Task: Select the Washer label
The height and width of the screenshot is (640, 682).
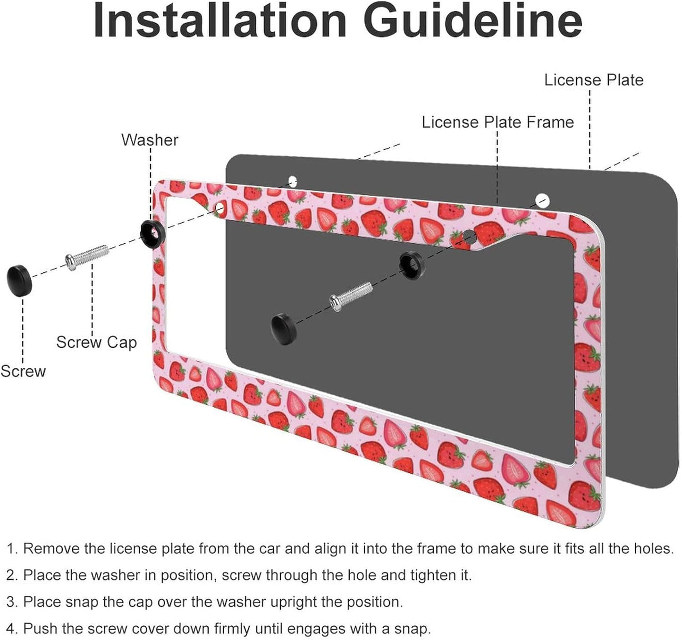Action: (150, 140)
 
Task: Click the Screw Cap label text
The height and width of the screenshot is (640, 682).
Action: (96, 342)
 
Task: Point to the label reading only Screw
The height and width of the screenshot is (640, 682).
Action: (23, 371)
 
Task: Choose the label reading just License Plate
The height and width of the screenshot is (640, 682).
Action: (594, 80)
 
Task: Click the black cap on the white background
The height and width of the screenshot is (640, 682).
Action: (20, 281)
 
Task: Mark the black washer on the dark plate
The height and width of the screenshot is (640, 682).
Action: (412, 264)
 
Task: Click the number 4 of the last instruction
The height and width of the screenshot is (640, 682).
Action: (11, 629)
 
